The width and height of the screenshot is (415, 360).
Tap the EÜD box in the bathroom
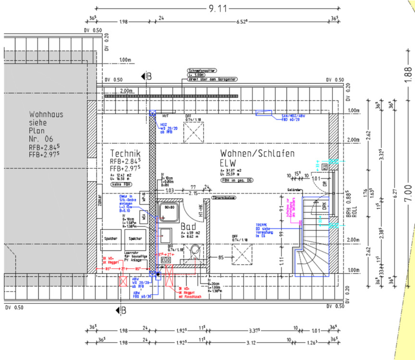pyautogui.click(x=166, y=260)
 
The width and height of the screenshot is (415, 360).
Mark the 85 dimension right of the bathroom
pyautogui.click(x=221, y=257)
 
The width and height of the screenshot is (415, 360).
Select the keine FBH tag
pyautogui.click(x=122, y=184)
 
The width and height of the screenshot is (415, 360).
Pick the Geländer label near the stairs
pyautogui.click(x=295, y=190)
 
